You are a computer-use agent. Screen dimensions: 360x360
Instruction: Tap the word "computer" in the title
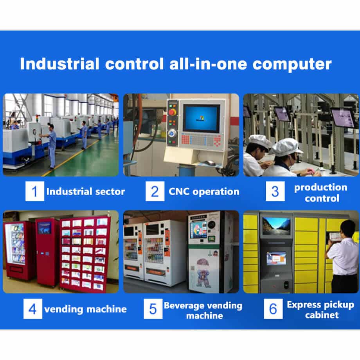(x=292, y=65)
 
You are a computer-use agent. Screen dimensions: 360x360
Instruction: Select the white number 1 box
(x=35, y=191)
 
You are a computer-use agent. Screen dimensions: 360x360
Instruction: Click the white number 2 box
(x=155, y=191)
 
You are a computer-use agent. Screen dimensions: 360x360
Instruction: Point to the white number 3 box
(x=275, y=191)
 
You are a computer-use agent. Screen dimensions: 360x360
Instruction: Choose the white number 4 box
(x=33, y=309)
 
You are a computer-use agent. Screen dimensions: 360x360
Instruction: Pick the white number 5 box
(x=153, y=309)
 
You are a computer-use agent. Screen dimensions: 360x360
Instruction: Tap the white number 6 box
(x=273, y=309)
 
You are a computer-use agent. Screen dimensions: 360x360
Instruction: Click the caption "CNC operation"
(x=204, y=192)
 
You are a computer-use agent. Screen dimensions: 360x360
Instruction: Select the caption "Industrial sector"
(x=86, y=191)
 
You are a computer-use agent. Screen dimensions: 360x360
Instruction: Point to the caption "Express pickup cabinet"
(x=320, y=310)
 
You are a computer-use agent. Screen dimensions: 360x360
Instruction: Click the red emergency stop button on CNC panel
(x=172, y=112)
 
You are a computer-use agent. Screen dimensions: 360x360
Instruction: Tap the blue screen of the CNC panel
(x=202, y=119)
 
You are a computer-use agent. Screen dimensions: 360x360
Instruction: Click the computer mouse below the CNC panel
(x=210, y=163)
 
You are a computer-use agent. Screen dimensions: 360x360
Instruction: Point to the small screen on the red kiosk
(x=45, y=228)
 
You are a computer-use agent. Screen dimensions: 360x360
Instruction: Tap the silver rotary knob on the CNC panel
(x=172, y=133)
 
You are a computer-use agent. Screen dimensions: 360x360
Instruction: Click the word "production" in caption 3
(x=321, y=188)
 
